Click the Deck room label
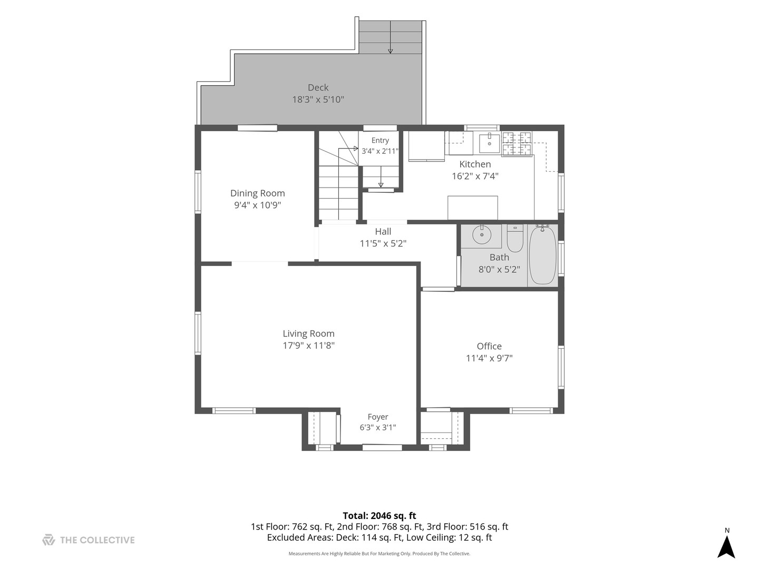pos(318,87)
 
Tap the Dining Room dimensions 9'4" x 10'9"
pos(257,205)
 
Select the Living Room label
pos(308,333)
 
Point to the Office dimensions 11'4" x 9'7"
pos(489,358)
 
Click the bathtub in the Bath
pos(542,255)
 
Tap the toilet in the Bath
pos(514,238)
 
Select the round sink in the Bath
pos(481,235)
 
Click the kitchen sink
pos(489,144)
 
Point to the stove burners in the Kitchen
pos(517,144)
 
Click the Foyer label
pos(377,417)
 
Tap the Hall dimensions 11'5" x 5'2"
pos(383,243)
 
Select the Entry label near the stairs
pos(380,140)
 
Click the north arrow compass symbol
pos(726,545)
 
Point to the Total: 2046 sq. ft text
pos(379,515)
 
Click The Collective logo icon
pos(48,539)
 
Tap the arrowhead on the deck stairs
pos(391,52)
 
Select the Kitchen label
pos(475,164)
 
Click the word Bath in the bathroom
pos(499,258)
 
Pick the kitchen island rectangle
pos(472,208)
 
